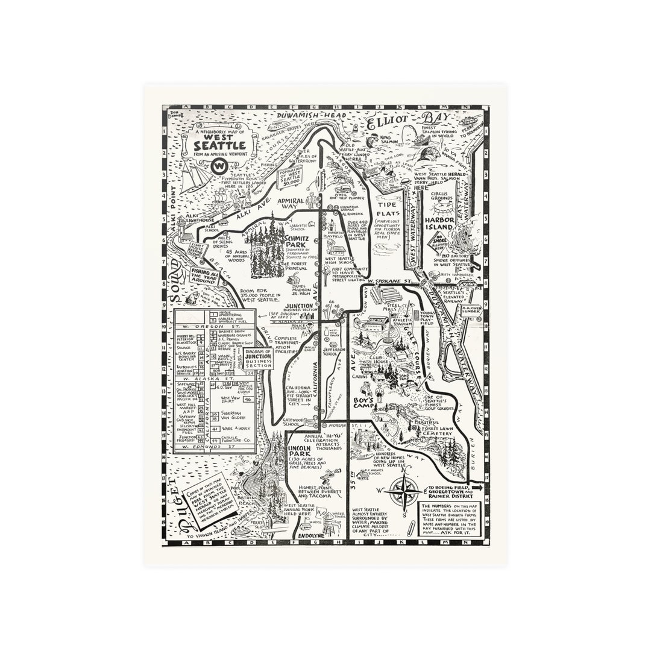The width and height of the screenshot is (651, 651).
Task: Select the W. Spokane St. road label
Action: click(x=391, y=281)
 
